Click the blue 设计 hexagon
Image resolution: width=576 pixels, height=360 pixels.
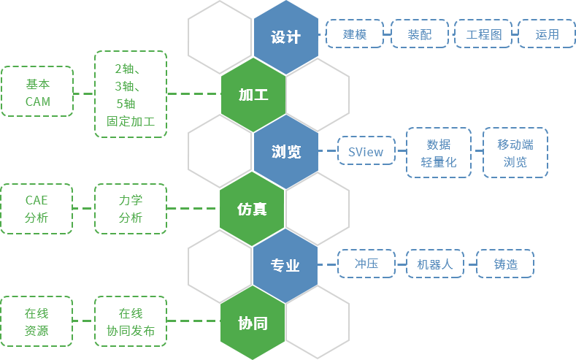(285, 37)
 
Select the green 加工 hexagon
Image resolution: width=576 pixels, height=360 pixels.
(253, 94)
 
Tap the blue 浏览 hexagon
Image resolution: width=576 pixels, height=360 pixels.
(285, 152)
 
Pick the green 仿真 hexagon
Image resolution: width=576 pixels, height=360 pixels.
(252, 209)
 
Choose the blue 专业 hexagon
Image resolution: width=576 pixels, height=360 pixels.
(285, 266)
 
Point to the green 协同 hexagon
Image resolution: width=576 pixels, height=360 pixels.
(252, 323)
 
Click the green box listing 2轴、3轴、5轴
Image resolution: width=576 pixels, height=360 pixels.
(130, 93)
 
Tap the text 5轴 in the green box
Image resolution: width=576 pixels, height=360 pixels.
(125, 103)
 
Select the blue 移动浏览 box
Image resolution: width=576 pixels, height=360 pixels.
(515, 152)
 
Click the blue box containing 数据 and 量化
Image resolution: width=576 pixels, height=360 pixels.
(439, 152)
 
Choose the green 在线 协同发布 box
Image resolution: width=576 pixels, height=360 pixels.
(130, 321)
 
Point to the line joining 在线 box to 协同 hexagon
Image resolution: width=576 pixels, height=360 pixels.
(193, 321)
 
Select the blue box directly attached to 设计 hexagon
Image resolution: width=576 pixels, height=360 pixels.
(354, 34)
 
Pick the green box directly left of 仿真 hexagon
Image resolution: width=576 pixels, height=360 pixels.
(130, 209)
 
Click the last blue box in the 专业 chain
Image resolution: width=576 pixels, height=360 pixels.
(504, 263)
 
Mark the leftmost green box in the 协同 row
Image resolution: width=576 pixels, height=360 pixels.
(37, 321)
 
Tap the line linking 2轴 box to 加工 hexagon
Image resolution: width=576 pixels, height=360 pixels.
(193, 93)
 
